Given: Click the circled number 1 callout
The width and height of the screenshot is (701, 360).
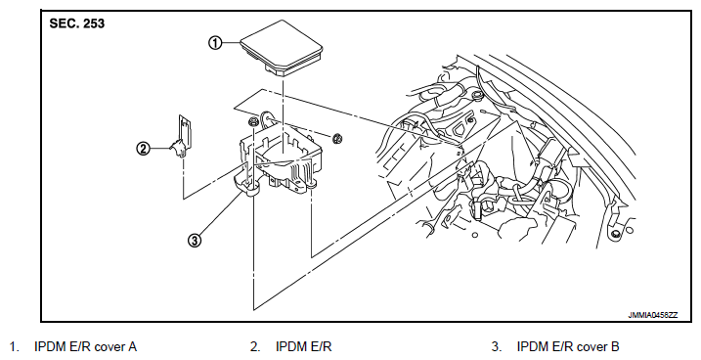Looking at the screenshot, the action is tap(215, 43).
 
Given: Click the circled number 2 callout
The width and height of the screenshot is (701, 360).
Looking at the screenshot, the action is tap(143, 148).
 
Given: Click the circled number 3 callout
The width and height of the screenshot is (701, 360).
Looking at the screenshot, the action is tap(195, 241).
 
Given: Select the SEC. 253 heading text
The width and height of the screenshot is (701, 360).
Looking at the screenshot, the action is tap(76, 23).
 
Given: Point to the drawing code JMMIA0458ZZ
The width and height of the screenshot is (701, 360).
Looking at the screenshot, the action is tap(653, 315).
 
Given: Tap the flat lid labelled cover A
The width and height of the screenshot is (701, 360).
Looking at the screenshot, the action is tap(282, 49).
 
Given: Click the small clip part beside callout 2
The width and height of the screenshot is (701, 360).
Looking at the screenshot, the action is tap(183, 136).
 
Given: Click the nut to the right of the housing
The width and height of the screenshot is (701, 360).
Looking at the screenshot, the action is tap(337, 139).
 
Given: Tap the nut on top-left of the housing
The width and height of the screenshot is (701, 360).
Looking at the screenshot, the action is tap(252, 121).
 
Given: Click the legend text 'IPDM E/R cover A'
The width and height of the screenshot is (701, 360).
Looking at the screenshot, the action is tap(85, 346).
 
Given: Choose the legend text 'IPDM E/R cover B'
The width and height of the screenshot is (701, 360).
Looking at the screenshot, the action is tap(568, 346).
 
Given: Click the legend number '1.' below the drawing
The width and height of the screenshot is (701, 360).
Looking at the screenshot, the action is tap(15, 346).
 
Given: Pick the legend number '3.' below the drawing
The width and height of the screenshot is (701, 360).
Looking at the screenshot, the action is tap(497, 346).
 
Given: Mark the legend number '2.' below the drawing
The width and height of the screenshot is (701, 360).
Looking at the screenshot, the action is tap(256, 346).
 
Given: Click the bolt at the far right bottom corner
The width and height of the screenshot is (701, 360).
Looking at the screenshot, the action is tap(616, 234).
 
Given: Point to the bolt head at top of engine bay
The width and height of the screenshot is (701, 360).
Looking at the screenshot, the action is tap(475, 96).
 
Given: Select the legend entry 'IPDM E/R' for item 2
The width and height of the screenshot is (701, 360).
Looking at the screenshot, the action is tap(304, 346).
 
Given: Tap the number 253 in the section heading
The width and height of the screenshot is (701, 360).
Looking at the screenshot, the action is tap(94, 23).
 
